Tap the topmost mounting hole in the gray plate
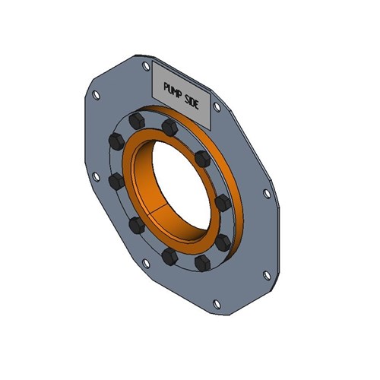145,66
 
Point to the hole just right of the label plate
217,108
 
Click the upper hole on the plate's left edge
96,96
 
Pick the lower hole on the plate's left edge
96,176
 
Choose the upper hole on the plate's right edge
267,194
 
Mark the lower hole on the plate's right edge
265,274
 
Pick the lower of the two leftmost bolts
116,181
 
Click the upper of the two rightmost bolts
223,204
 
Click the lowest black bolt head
202,262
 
